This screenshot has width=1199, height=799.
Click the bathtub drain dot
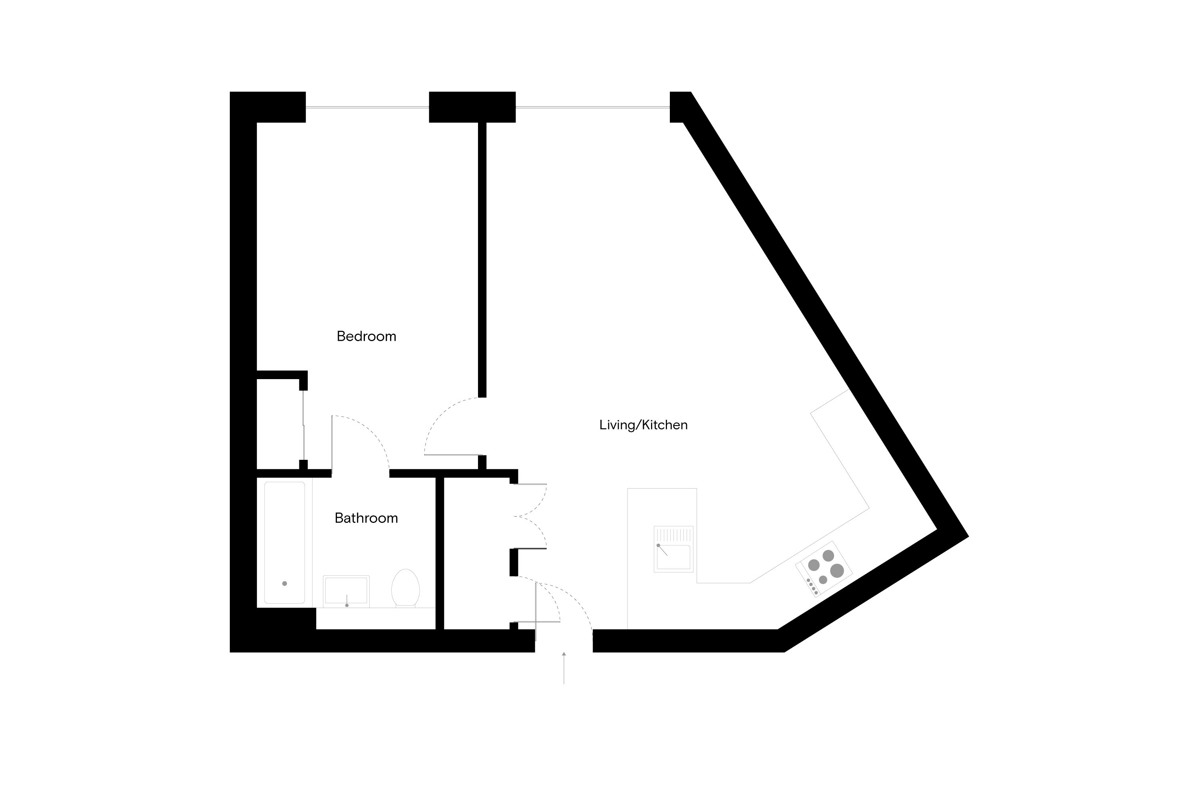(x=285, y=583)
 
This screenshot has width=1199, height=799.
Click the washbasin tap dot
(x=347, y=605)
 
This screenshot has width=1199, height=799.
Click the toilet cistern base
(x=405, y=606)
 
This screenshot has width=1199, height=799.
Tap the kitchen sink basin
(x=673, y=557)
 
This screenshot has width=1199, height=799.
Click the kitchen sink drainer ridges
(x=673, y=535)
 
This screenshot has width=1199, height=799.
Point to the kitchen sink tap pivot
(x=658, y=545)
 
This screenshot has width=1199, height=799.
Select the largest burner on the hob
(x=837, y=571)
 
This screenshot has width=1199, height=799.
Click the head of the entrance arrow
(x=564, y=654)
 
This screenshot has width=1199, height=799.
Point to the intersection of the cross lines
(x=536, y=622)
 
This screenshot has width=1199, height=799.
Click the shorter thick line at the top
(x=367, y=107)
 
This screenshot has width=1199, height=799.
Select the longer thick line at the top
(x=592, y=107)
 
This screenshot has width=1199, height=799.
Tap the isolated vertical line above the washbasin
(x=332, y=444)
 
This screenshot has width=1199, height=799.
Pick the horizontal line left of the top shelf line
(x=453, y=455)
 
